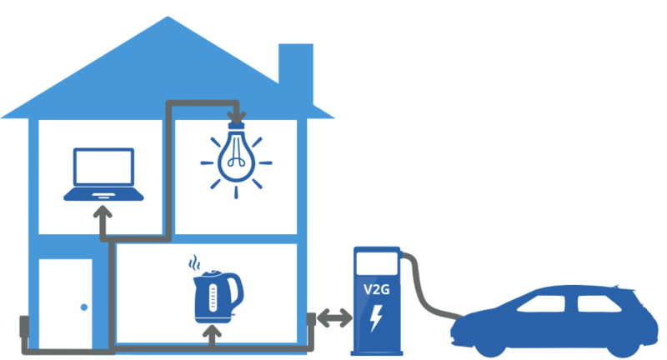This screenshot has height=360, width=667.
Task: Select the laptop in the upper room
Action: coord(103,175)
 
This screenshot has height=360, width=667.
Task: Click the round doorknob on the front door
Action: coord(83,307)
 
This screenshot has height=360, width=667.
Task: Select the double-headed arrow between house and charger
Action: coord(333,317)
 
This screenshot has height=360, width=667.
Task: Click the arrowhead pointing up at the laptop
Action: coord(103,215)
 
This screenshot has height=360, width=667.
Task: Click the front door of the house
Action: coord(66,303)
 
